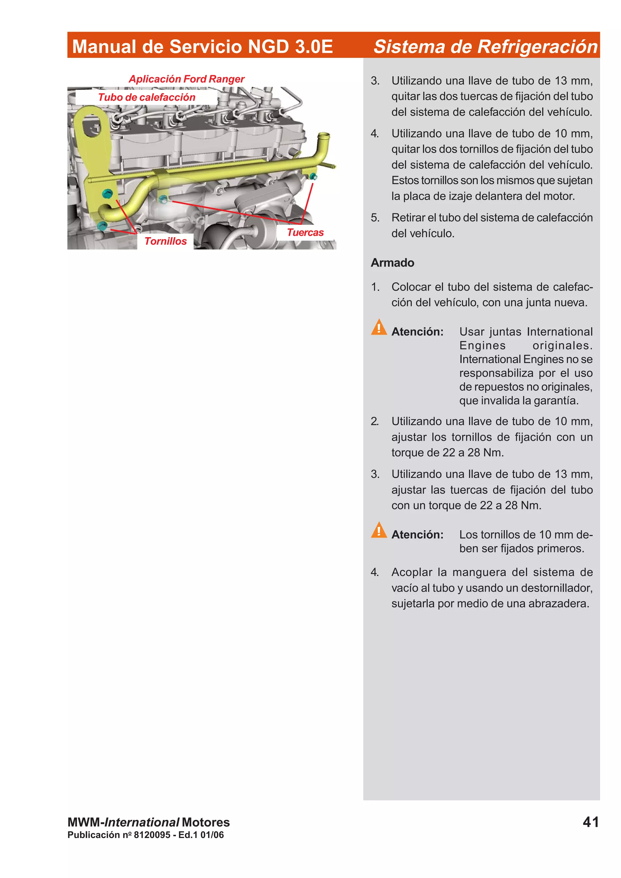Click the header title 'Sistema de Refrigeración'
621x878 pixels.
[x=485, y=47]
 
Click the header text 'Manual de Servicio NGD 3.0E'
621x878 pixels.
[x=203, y=47]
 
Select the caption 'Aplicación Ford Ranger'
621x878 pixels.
[x=186, y=79]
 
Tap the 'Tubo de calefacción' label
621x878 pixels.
[x=146, y=97]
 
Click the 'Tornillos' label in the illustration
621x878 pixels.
[x=165, y=241]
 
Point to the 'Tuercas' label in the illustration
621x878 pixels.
[x=305, y=232]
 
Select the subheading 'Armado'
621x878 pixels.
[x=392, y=263]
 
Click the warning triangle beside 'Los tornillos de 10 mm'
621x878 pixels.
[x=378, y=531]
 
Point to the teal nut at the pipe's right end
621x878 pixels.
[x=313, y=176]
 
